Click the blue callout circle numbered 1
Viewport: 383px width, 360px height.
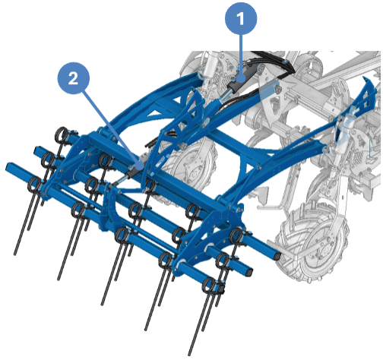241,18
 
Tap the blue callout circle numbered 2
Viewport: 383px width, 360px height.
74,78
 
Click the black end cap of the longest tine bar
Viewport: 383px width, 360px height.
277,256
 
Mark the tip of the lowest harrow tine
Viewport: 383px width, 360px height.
189,355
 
